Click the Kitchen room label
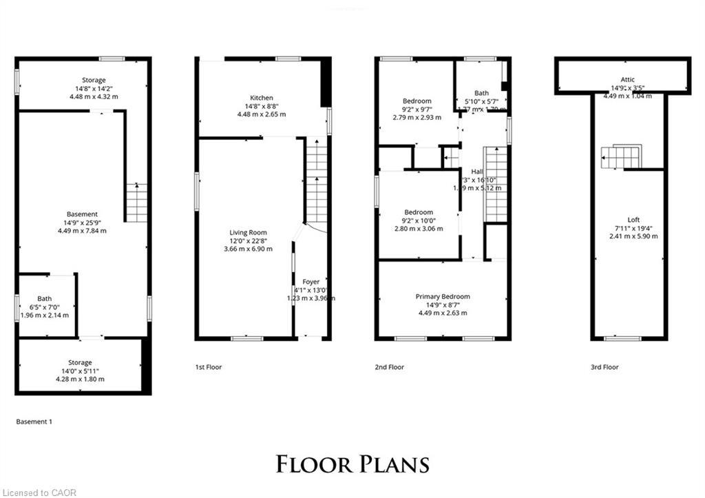pos(262,98)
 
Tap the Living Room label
pos(248,233)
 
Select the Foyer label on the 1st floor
pos(311,282)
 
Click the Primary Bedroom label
pos(443,297)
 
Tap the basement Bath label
pos(45,299)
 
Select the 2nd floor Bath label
pos(481,94)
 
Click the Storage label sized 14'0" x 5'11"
pos(80,363)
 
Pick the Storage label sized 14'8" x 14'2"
pos(93,81)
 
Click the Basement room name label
pos(82,214)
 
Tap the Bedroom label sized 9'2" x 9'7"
pos(417,101)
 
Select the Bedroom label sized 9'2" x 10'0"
pos(419,212)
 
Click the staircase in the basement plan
pos(136,203)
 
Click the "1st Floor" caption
pos(209,367)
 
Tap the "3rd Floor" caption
pos(604,367)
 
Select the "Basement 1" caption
pos(34,421)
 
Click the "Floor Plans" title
pos(352,464)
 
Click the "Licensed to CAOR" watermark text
pos(39,492)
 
